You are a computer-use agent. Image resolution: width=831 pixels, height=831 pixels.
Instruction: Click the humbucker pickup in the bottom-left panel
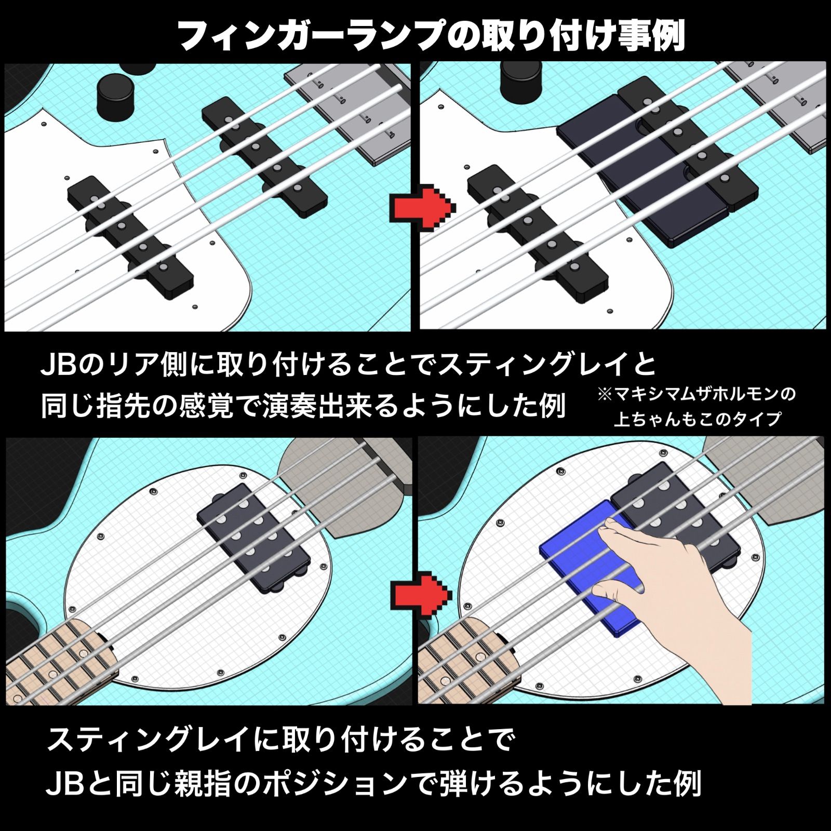(x=254, y=538)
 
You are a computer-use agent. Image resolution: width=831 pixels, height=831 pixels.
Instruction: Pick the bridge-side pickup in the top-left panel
(x=265, y=156)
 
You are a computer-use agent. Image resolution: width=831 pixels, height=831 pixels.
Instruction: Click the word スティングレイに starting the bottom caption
(x=156, y=740)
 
